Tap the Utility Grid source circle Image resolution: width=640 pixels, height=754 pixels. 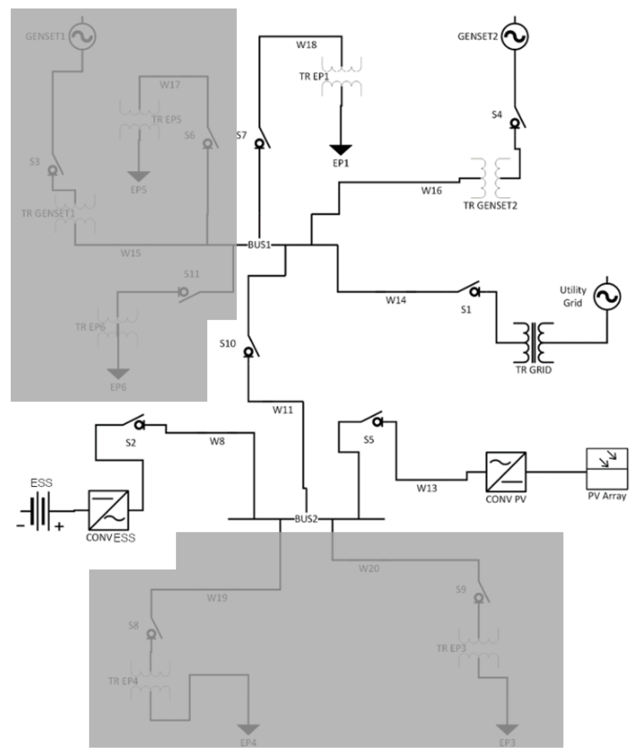607,296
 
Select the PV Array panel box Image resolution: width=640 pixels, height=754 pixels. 607,468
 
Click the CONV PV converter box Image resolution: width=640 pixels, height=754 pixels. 506,472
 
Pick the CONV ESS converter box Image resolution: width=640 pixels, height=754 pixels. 108,510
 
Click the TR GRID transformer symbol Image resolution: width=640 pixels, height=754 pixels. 533,343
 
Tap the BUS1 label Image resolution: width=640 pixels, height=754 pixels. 259,245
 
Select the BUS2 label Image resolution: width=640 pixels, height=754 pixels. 306,519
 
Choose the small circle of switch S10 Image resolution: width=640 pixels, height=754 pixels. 248,352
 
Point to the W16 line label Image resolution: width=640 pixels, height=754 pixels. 431,191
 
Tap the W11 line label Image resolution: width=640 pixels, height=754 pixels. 283,410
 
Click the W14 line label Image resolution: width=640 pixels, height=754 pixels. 396,300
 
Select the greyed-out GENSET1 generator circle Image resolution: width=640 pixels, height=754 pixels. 83,37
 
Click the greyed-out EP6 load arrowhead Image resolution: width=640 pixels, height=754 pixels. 118,374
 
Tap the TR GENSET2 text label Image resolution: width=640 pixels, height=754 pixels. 490,206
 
